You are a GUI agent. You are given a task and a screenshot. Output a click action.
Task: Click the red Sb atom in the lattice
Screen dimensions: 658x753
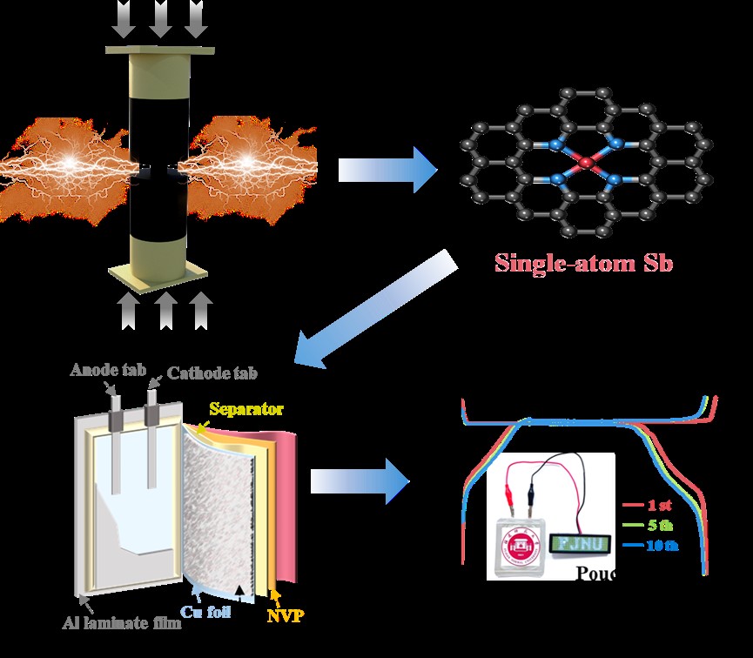586,162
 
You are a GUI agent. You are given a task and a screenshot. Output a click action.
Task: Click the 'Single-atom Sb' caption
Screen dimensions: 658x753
584,262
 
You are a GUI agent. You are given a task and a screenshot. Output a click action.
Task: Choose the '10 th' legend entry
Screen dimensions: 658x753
659,546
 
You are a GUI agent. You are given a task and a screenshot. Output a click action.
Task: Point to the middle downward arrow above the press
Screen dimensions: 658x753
161,18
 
